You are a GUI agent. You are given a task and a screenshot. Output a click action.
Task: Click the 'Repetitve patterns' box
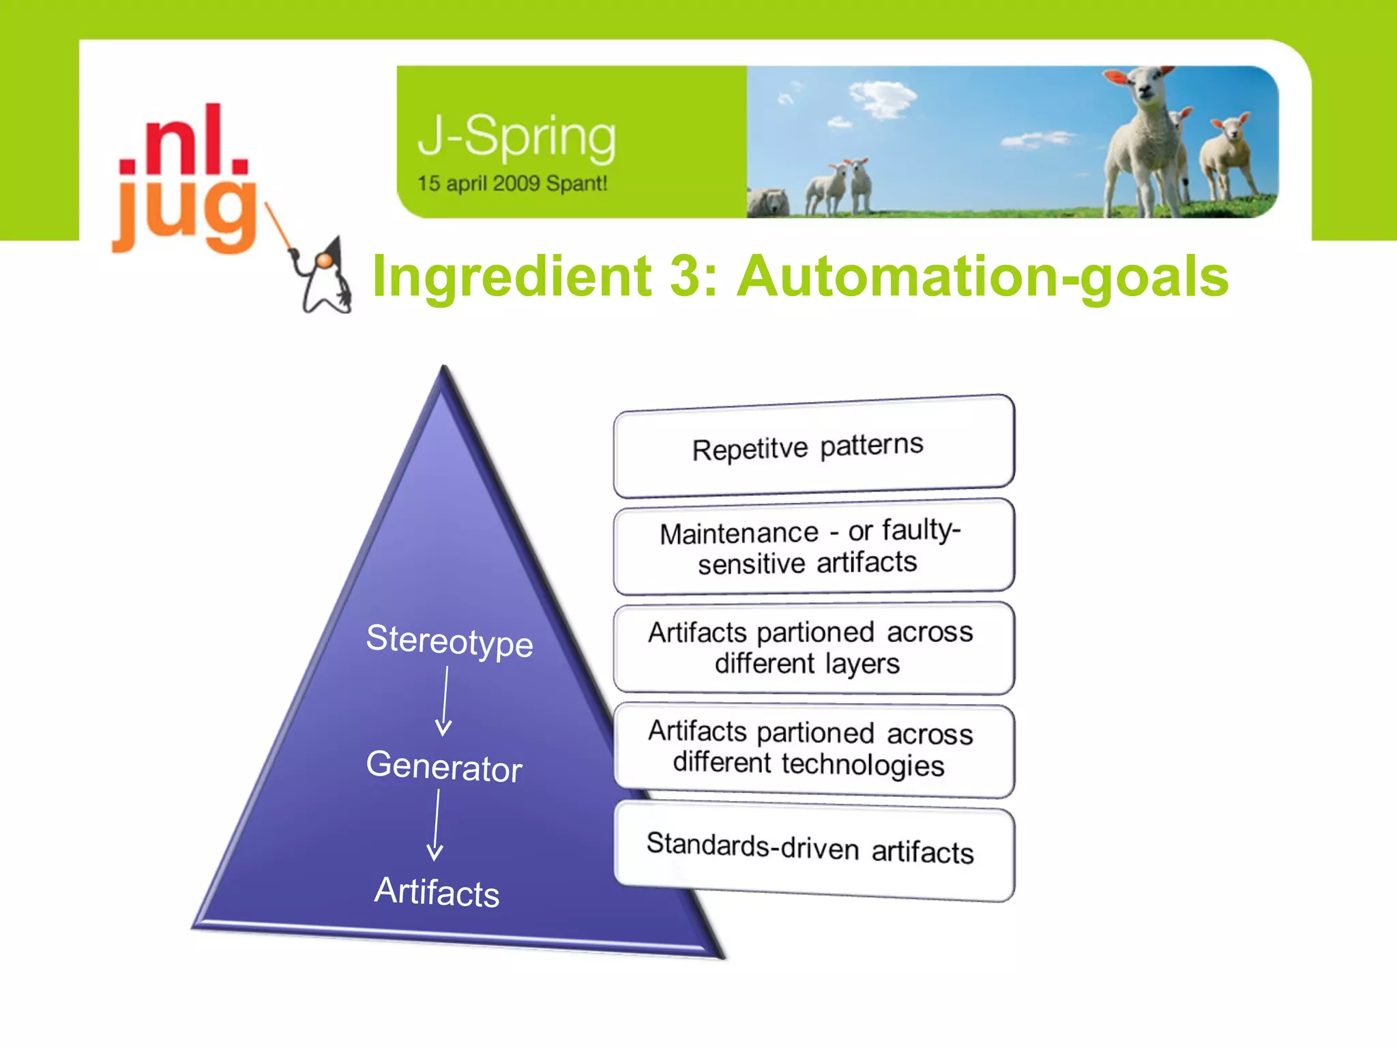click(x=813, y=446)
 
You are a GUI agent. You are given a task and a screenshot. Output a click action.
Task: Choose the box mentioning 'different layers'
click(x=813, y=648)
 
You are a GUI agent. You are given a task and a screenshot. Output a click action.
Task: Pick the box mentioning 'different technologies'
click(x=813, y=749)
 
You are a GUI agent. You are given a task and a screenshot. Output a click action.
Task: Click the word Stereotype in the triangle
click(x=449, y=641)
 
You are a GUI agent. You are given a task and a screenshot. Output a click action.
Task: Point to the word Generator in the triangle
click(x=444, y=766)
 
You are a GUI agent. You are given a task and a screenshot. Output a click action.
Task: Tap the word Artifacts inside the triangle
click(x=437, y=891)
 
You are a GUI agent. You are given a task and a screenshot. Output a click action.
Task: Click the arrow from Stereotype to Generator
click(x=445, y=701)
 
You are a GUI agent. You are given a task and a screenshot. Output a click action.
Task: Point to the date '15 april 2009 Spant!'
click(x=512, y=184)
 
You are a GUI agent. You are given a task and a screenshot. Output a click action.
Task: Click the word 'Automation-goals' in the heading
click(x=983, y=276)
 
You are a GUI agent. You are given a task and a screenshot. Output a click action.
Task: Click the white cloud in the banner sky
click(x=883, y=98)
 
